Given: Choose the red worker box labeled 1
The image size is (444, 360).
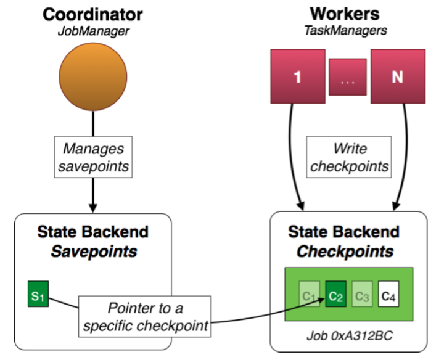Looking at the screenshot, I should [298, 77].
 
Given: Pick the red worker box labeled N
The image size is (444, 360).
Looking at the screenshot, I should [399, 77].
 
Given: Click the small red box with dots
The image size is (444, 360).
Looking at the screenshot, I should [348, 77].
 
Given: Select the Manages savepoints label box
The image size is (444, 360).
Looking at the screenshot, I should [93, 158].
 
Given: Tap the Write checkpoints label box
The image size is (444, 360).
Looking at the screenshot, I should [350, 158].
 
